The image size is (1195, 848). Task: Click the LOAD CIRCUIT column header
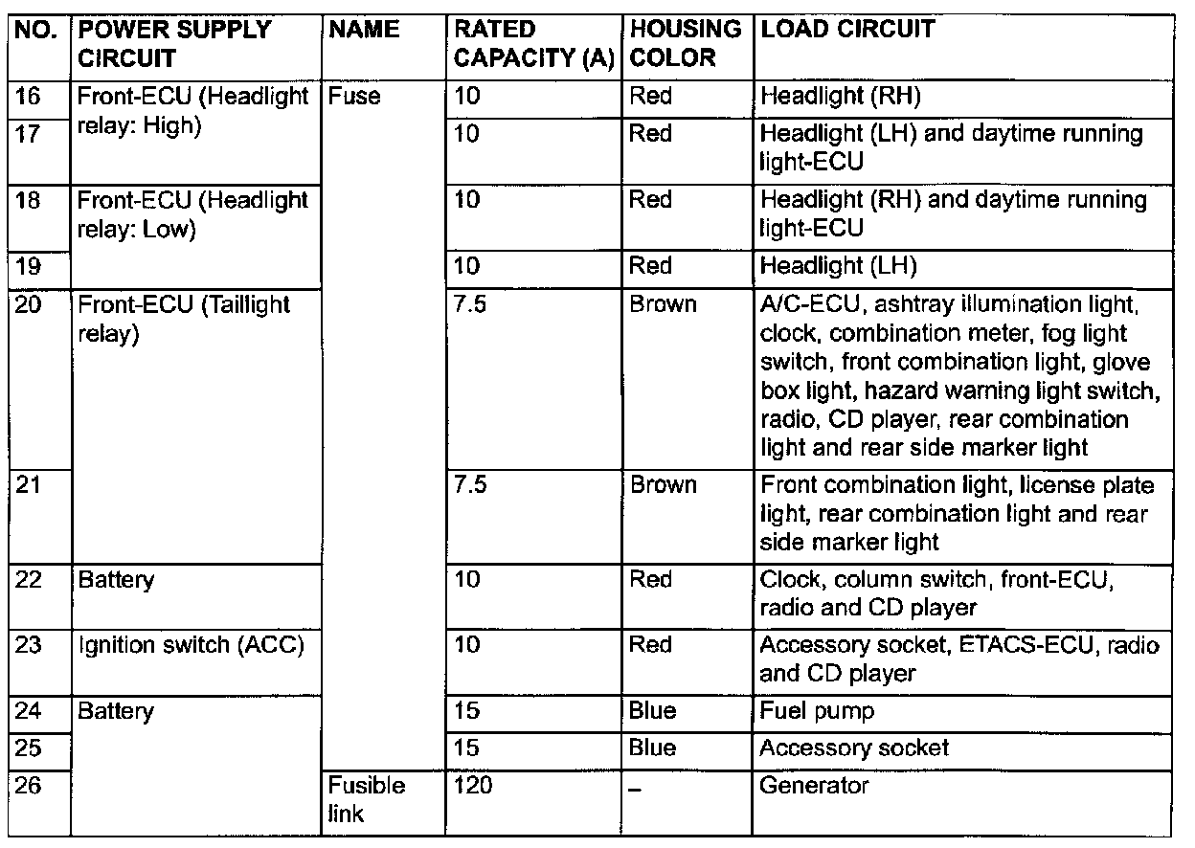coord(846,30)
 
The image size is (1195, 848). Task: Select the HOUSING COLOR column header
coord(686,43)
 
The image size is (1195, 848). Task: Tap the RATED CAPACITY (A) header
coord(533,43)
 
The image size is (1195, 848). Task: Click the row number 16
coord(29,96)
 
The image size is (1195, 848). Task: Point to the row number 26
coord(29,786)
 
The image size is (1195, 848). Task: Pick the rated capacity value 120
coord(473,786)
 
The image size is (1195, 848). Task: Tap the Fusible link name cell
coord(367,799)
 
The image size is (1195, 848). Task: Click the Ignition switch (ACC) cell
coord(192,645)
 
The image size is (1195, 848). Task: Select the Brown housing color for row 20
coord(663,304)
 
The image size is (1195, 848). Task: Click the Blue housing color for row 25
coord(652,748)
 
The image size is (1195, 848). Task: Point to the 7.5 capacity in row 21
coord(471,484)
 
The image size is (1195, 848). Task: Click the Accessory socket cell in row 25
coord(853,748)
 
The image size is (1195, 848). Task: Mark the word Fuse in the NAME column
coord(354,96)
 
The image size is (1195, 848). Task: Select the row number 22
coord(29,579)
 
